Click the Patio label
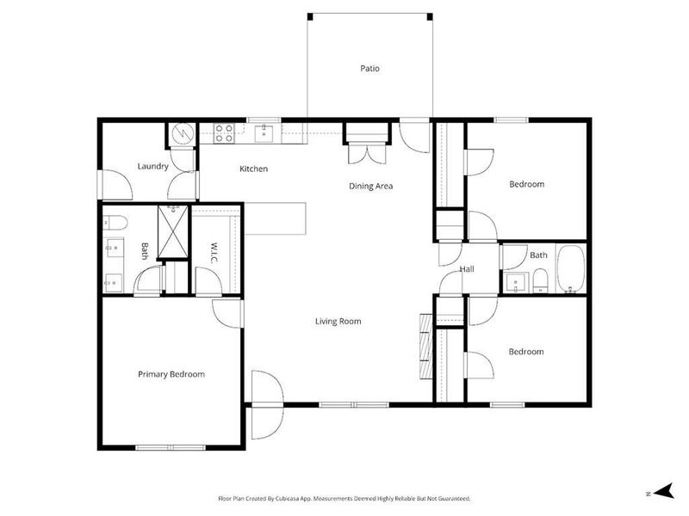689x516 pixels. click(369, 68)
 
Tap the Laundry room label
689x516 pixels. click(152, 166)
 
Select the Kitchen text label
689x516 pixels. click(253, 169)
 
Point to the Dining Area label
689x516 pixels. click(370, 185)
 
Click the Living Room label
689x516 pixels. click(338, 321)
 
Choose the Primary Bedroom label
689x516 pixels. click(171, 374)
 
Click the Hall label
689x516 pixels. click(467, 269)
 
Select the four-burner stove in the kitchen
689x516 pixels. click(224, 132)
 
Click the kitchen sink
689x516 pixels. click(266, 132)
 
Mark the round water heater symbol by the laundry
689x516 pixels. click(181, 133)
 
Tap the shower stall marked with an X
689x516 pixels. click(174, 232)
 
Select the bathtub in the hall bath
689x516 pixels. click(570, 270)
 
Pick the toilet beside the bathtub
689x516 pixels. click(540, 279)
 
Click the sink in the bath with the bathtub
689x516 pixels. click(518, 280)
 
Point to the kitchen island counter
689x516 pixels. click(275, 218)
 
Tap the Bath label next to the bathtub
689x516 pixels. click(538, 255)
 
